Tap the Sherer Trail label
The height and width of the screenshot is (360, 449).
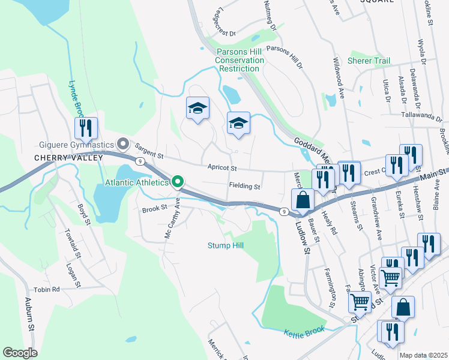[369, 61]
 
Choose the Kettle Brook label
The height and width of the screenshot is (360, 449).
[304, 331]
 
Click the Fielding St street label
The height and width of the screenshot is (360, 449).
[244, 187]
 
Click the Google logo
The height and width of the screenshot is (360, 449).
[20, 353]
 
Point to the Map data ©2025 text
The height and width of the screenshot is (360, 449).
[423, 355]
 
